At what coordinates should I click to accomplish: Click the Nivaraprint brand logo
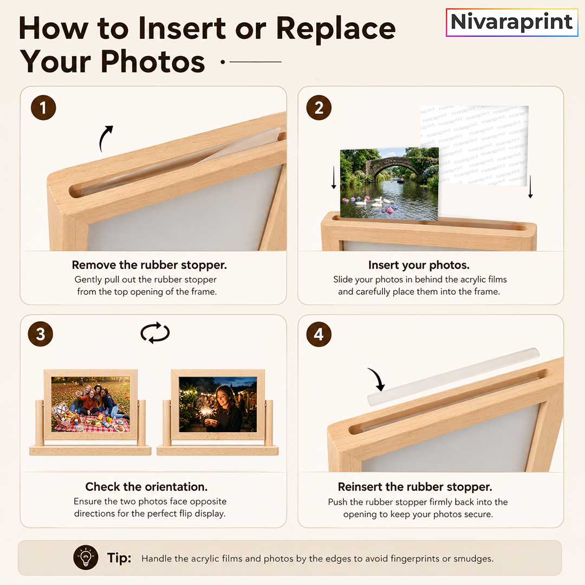(512, 22)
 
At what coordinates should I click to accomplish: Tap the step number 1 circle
(43, 108)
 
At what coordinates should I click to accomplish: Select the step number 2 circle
(318, 108)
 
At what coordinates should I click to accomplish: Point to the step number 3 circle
(41, 334)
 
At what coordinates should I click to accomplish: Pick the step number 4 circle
(318, 334)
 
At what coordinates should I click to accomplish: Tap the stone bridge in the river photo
(392, 167)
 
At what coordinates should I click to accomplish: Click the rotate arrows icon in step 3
(155, 332)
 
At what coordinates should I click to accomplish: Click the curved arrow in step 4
(378, 379)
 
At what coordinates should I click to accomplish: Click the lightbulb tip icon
(86, 558)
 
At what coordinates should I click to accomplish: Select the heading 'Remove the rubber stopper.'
(149, 265)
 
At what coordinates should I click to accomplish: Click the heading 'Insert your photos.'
(419, 265)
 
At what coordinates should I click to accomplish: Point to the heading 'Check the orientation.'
(146, 486)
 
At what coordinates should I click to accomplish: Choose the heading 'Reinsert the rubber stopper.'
(415, 486)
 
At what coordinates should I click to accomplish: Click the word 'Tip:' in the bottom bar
(119, 558)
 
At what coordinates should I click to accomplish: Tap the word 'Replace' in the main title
(336, 29)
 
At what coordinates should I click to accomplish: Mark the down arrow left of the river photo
(334, 176)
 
